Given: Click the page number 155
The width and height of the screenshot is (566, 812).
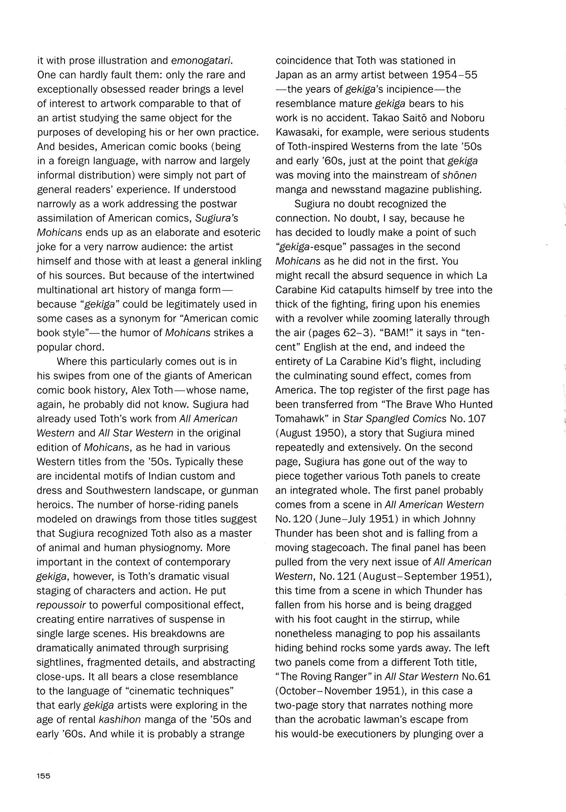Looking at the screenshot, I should coord(44,787).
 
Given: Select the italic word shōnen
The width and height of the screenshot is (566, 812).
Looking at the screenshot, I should coord(459,175).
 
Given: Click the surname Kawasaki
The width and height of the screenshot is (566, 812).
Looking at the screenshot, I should coord(298,132).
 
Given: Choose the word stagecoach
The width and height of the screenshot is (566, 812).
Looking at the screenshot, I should coord(320,548).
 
